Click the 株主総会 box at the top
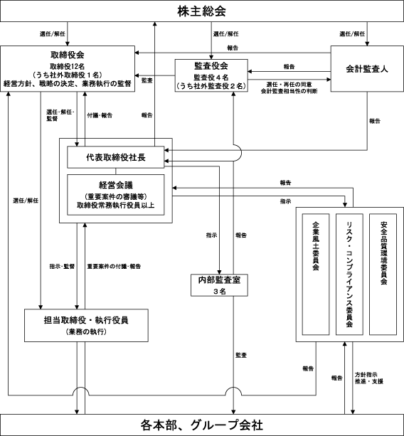coord(202,11)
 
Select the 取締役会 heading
coord(68,55)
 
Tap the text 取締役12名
coord(68,66)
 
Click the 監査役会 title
coord(211,66)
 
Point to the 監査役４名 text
coord(211,78)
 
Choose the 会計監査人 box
coord(367,69)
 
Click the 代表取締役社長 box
coord(116,157)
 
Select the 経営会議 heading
coord(116,185)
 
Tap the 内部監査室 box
coord(219,285)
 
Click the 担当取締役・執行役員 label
coord(86,320)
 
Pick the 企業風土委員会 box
coord(316,274)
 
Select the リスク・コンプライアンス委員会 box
coord(349,274)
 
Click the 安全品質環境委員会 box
coord(383,274)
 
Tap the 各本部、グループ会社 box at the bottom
coord(202,425)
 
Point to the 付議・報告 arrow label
coord(100,115)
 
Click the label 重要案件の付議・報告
coord(114,267)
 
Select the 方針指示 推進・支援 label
coord(369,378)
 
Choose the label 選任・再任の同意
coord(289,84)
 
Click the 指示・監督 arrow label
coord(62,267)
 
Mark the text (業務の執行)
coord(86,331)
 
